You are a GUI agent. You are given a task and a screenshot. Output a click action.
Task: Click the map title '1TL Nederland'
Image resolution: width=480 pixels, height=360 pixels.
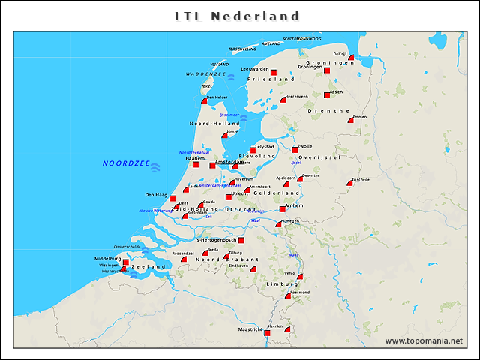coord(236,16)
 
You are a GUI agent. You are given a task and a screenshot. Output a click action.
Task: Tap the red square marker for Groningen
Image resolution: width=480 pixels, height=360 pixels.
coord(327,70)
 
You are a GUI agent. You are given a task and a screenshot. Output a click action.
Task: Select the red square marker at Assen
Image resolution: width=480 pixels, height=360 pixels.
coord(327,94)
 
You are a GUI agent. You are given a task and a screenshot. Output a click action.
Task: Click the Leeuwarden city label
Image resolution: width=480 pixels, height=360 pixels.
coord(254,69)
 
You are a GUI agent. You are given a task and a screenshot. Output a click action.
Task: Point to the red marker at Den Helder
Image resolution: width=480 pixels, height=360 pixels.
coord(204,100)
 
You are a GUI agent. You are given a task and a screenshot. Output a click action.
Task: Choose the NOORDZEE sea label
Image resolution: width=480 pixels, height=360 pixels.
coord(126,163)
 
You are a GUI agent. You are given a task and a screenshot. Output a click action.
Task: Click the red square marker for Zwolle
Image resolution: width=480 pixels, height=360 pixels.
coord(295,150)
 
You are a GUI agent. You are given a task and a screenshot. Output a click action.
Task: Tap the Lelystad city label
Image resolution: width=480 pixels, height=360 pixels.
coord(265,147)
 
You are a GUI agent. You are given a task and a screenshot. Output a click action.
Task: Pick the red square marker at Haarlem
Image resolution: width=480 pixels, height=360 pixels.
coord(195,164)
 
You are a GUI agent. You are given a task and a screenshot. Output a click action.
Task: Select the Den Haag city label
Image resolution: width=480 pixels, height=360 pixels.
coord(155,195)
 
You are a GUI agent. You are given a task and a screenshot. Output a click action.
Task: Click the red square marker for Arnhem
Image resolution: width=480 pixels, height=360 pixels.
coord(283,209)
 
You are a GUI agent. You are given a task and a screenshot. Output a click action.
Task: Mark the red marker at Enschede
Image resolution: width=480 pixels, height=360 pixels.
coord(350,182)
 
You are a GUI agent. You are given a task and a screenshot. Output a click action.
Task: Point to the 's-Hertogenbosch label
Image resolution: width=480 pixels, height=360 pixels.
coord(215,240)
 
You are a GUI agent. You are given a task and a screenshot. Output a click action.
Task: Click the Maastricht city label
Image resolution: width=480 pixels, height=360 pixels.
coord(250,329)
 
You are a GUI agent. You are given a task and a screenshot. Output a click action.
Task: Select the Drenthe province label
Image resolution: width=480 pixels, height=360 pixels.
coord(328,110)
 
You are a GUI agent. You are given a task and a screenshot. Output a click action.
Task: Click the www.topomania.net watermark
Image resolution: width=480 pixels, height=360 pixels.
coord(424,341)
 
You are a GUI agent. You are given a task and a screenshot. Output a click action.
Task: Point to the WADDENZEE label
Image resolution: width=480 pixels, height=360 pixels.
coord(205,74)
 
